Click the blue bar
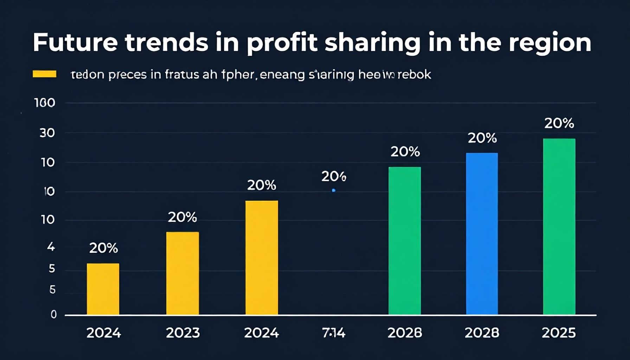[x=482, y=233]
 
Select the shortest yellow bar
[x=103, y=289]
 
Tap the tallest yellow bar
[x=262, y=257]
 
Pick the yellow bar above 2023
[x=182, y=273]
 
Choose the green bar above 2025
[x=559, y=226]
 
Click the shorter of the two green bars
[x=405, y=240]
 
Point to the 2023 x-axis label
[x=183, y=333]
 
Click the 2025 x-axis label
[x=559, y=333]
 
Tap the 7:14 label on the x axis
[x=334, y=333]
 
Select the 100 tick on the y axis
[x=45, y=103]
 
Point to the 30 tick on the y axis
[x=47, y=133]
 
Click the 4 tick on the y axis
[x=51, y=247]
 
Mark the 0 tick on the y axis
[x=53, y=314]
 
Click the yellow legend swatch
[x=45, y=74]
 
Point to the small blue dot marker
[x=334, y=191]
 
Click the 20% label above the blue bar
[x=482, y=138]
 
